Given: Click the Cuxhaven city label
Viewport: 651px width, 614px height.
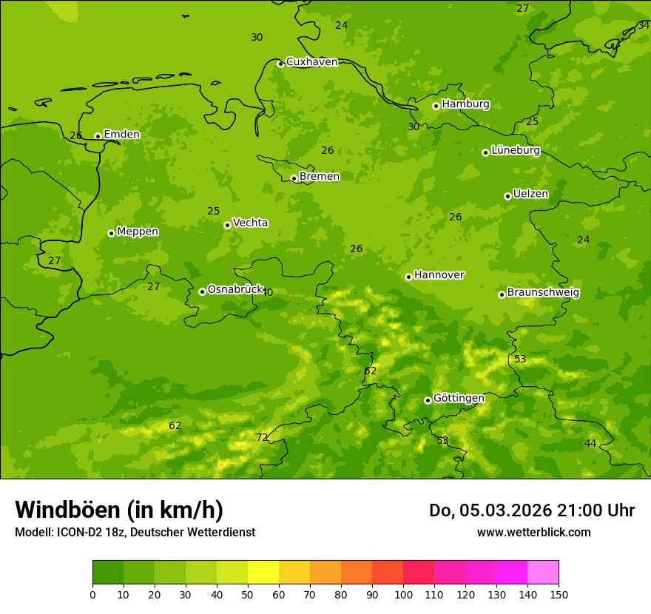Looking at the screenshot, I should (311, 62).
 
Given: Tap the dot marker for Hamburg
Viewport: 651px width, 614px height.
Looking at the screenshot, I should (436, 106).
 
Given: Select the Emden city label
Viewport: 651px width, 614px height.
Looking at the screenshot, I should (121, 135).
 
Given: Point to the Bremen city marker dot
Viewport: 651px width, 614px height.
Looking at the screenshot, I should (294, 178).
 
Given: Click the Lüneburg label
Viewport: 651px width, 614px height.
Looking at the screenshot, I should (516, 151).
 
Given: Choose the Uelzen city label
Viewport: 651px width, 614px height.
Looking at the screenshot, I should (530, 195).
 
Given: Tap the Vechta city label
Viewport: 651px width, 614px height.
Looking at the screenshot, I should (250, 223).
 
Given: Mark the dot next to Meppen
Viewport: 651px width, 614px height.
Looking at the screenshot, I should (111, 233).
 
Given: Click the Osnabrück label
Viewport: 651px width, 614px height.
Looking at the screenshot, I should (235, 290).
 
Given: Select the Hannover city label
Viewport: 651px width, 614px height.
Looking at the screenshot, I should (439, 275).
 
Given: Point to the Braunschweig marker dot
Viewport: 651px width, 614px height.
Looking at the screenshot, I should (502, 294).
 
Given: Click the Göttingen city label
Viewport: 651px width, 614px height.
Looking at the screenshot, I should (459, 398).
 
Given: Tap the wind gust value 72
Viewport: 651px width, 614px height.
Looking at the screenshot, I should (262, 437).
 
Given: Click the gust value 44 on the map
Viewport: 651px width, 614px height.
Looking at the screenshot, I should (590, 443).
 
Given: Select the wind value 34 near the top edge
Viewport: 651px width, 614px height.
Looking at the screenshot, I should (644, 25).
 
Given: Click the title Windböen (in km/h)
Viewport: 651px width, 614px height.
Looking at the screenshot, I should (119, 510).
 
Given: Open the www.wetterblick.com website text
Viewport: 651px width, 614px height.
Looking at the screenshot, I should (533, 532).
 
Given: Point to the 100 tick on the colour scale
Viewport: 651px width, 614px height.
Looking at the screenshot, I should (403, 594).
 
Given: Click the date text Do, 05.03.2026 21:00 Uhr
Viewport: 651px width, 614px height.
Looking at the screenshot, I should (531, 510).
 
